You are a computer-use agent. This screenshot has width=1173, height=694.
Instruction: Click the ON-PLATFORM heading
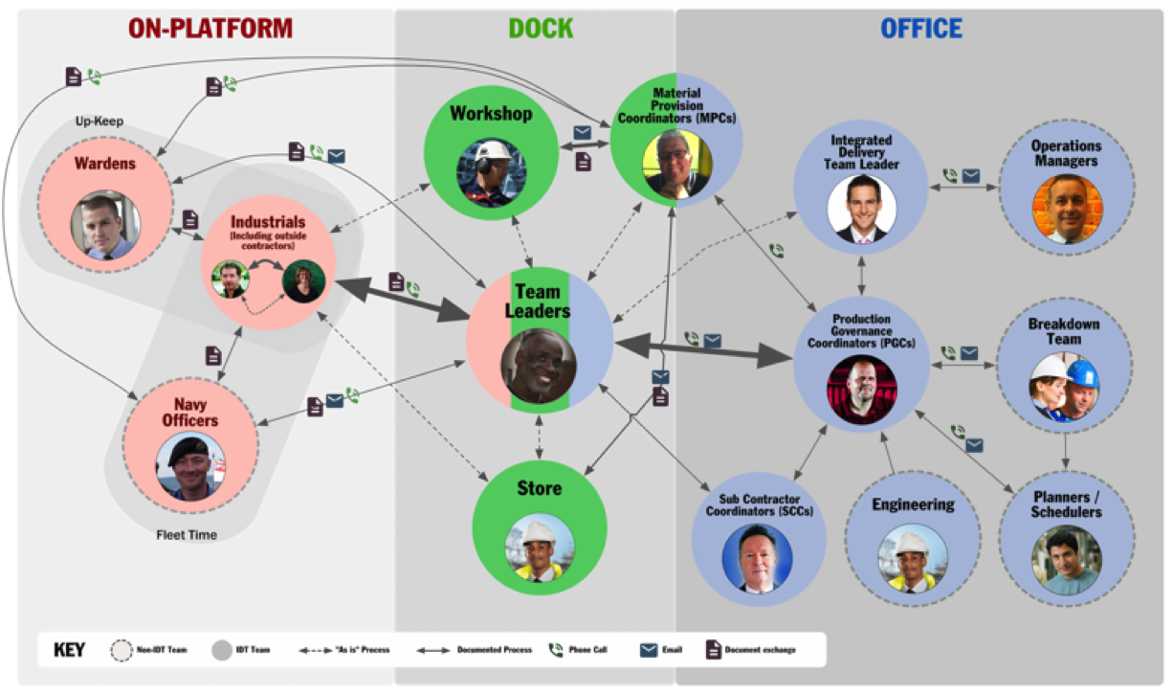210,29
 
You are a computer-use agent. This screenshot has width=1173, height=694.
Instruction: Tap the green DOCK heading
541,29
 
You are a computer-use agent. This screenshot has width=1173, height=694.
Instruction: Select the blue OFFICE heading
921,29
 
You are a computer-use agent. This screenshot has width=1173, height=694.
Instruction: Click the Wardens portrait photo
106,225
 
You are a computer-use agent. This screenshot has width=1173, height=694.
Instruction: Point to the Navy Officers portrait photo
190,466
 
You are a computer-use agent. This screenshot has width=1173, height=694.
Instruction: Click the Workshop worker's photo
491,173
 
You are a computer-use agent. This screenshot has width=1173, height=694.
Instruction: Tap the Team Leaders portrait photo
539,366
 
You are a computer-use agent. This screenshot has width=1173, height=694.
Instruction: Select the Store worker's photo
540,548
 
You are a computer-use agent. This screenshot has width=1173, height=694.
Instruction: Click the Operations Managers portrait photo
1067,209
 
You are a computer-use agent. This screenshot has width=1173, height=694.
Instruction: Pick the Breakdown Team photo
1064,387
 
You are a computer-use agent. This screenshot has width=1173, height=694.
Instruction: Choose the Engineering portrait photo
913,558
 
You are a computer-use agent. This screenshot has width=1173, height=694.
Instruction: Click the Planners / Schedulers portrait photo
1067,560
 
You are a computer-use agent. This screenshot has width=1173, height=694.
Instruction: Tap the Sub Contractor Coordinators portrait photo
757,558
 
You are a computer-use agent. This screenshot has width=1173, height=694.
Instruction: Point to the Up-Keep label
100,121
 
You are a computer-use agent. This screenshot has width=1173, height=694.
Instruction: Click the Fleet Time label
187,535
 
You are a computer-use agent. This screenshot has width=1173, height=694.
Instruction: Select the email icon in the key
649,650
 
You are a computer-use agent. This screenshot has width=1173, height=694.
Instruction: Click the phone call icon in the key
556,650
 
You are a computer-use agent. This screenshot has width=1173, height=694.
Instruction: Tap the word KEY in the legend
69,650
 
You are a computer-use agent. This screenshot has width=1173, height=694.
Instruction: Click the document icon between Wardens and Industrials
190,219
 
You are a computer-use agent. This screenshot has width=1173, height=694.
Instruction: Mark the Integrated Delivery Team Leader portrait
861,210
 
